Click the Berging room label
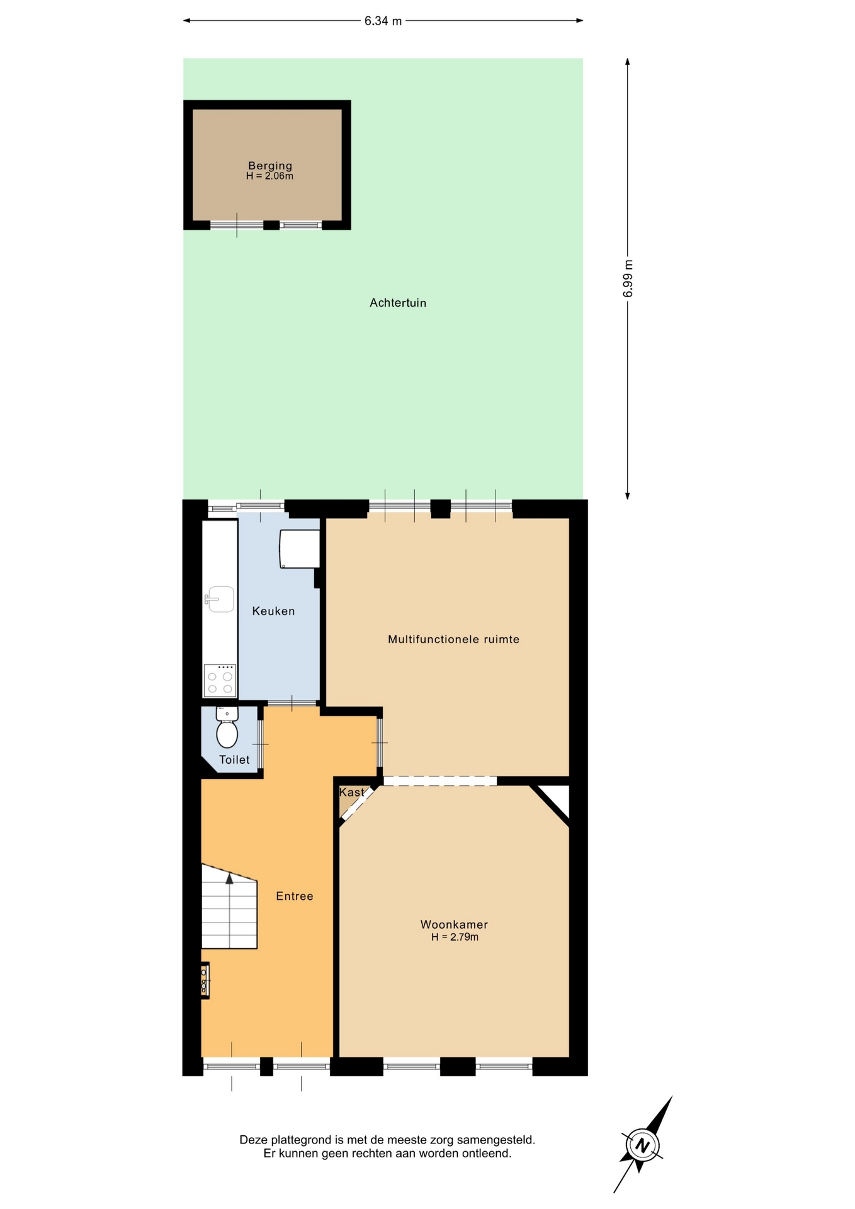pos(270,166)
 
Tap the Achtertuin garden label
pos(398,303)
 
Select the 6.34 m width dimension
pos(383,21)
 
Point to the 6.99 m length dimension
pos(628,278)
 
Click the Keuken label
pos(273,611)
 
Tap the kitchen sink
pos(219,599)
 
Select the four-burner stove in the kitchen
pos(220,680)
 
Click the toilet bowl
pos(227,734)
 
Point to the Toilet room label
pos(234,760)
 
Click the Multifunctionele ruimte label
pos(453,639)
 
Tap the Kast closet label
pos(351,792)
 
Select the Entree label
pos(295,896)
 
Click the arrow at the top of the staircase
pos(229,878)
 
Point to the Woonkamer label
pos(454,924)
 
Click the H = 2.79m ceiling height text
pos(455,937)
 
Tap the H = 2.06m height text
pos(269,176)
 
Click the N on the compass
pos(642,1145)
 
